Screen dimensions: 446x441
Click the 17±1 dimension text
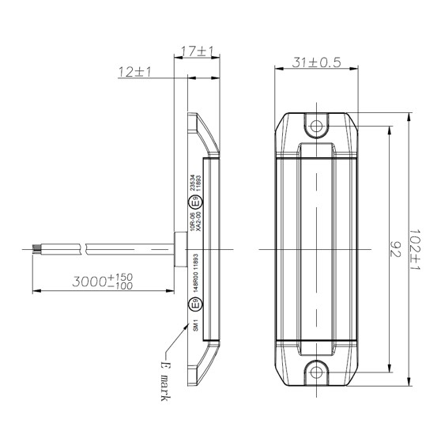[x=198, y=51]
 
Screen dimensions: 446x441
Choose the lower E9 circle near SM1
[x=192, y=305]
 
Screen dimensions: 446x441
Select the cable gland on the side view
[x=179, y=249]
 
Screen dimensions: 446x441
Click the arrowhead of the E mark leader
[x=184, y=348]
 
